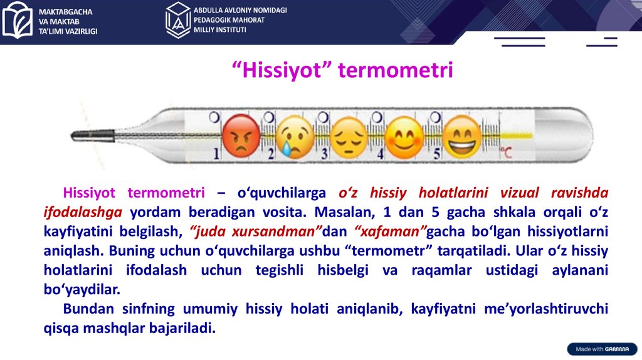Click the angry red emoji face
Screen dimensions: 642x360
(x=241, y=136)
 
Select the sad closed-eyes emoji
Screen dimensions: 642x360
(x=349, y=137)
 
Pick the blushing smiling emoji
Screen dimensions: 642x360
(x=404, y=138)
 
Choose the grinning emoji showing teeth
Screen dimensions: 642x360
(x=462, y=137)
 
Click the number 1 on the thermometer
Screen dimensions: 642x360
(x=216, y=153)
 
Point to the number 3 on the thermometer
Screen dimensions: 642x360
(x=325, y=154)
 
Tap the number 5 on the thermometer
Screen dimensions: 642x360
(x=437, y=154)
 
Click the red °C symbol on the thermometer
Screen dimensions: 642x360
(x=506, y=153)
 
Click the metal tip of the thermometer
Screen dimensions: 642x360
(x=93, y=135)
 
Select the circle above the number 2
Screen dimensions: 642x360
(x=268, y=117)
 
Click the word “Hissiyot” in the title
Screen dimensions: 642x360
(x=282, y=70)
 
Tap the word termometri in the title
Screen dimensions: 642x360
(x=396, y=70)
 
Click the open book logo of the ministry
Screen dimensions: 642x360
(x=17, y=20)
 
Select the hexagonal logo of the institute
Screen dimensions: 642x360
(x=178, y=20)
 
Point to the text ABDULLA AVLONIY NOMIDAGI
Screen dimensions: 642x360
(x=240, y=10)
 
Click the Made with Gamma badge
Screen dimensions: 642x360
(x=602, y=349)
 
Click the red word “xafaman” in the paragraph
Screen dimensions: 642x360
(x=391, y=231)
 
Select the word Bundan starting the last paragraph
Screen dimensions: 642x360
(x=88, y=309)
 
